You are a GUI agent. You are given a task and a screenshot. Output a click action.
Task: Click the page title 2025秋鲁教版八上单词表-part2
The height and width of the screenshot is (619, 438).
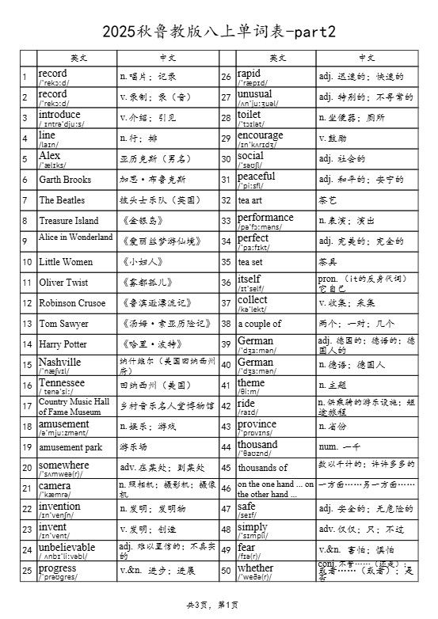[219, 32]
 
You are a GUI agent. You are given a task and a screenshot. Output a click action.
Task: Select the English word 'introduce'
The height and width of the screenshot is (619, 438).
[60, 114]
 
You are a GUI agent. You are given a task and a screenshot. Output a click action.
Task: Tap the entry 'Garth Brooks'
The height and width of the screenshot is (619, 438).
[66, 180]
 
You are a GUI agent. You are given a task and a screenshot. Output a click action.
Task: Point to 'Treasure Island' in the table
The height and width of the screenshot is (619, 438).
[69, 221]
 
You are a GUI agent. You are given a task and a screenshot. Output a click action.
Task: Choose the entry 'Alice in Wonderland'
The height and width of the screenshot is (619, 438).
[76, 237]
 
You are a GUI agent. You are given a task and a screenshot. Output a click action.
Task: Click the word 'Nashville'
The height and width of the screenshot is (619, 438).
[60, 361]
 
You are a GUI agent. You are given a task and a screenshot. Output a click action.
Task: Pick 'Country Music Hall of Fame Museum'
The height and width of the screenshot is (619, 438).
[74, 406]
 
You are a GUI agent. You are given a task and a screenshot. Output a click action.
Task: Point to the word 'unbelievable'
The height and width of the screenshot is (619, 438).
[67, 546]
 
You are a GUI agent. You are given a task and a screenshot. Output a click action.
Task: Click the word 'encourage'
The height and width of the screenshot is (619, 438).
[261, 135]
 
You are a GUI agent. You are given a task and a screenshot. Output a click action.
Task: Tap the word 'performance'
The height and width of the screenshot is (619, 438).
[265, 217]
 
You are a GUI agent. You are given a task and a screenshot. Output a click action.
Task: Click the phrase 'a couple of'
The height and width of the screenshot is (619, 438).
[260, 324]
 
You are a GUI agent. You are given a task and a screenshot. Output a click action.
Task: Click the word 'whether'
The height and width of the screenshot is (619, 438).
[256, 568]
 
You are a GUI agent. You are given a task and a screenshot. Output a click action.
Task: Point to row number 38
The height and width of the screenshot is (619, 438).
[227, 324]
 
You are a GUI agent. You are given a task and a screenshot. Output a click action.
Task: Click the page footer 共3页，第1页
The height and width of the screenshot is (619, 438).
[211, 606]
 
